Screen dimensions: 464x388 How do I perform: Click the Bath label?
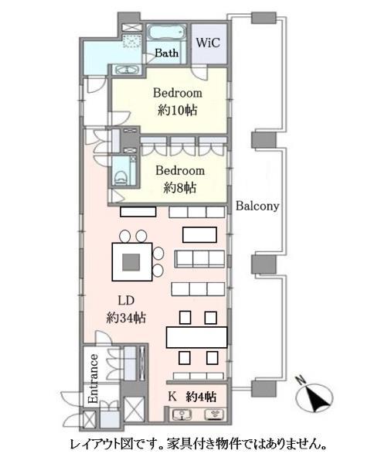[167, 53]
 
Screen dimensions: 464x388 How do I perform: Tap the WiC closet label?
[207, 43]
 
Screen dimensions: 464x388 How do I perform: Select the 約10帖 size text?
[178, 110]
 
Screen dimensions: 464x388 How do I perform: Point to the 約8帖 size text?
[180, 187]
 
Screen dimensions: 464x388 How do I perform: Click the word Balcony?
[257, 207]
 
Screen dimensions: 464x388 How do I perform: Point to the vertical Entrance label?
[93, 379]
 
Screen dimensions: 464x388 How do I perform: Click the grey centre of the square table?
[131, 262]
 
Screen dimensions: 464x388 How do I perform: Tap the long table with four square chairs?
[197, 336]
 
